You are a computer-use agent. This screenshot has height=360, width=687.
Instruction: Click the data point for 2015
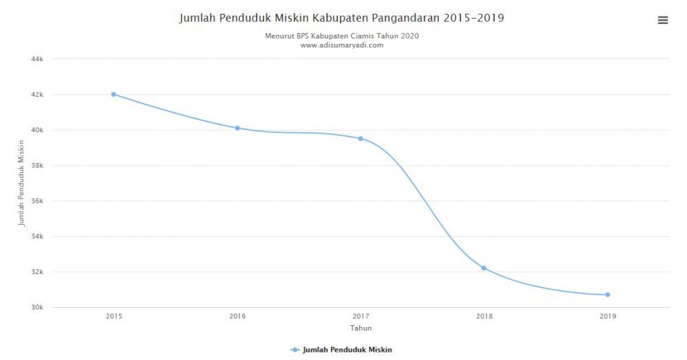[x=113, y=94]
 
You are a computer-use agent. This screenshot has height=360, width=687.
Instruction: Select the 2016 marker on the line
[x=237, y=128]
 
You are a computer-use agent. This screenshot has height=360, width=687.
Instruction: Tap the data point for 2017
[x=361, y=138]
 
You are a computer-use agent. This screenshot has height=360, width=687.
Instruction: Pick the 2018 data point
[x=484, y=268]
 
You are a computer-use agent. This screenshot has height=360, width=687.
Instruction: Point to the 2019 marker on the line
[x=607, y=295]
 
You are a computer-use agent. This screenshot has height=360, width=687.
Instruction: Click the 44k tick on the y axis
[x=38, y=59]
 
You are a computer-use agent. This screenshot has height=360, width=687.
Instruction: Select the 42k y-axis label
[x=38, y=95]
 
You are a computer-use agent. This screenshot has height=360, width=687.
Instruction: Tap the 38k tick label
[x=38, y=166]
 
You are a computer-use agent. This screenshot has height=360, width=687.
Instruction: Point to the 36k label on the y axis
[x=38, y=201]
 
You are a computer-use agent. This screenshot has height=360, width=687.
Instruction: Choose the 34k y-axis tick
[x=38, y=236]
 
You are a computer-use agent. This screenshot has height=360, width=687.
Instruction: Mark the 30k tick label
[x=38, y=308]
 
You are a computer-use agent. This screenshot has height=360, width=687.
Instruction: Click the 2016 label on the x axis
[x=237, y=317]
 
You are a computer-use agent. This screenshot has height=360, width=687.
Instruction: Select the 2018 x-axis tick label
[x=484, y=317]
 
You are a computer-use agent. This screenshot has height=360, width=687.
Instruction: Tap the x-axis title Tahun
[x=361, y=328]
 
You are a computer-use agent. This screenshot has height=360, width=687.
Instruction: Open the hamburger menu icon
[x=663, y=21]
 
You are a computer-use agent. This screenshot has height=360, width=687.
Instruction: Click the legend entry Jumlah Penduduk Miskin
[x=347, y=350]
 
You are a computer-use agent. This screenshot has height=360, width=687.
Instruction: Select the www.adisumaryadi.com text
[x=341, y=45]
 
